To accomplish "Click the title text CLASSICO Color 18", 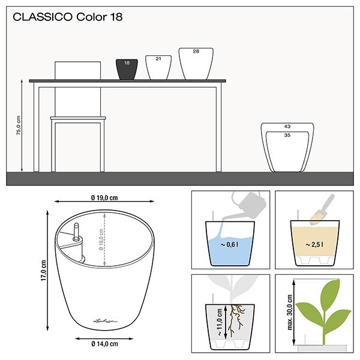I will tap(68, 17).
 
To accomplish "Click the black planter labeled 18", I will tap(127, 68).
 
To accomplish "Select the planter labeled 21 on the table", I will tap(158, 67).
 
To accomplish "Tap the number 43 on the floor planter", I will tap(287, 127).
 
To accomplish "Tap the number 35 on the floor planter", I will tap(287, 136).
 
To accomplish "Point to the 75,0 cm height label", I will tap(18, 124).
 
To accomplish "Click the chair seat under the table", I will tap(78, 118).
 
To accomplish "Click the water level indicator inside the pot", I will tap(76, 236).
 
